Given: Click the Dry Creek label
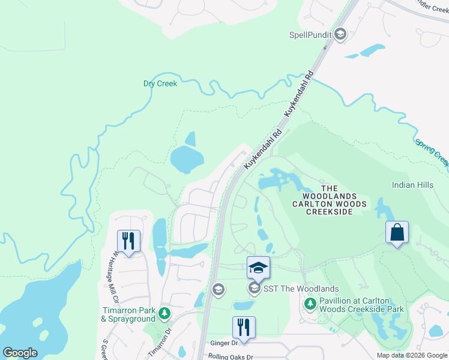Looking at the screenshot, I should (x=160, y=83).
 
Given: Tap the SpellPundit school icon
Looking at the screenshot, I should (x=340, y=35).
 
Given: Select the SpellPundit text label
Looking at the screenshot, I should (x=310, y=35).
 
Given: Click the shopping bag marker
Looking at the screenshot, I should (x=397, y=232).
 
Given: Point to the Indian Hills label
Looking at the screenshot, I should (x=412, y=185).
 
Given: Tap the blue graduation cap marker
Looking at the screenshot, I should (x=258, y=268).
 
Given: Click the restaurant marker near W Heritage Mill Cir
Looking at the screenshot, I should (x=128, y=241).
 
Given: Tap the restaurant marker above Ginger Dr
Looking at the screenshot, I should (x=244, y=328).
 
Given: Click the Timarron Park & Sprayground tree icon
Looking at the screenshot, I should (x=163, y=313).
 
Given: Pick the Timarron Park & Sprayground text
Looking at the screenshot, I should (x=128, y=314).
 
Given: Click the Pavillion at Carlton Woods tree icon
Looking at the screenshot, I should (x=310, y=304).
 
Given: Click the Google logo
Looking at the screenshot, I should (x=20, y=353).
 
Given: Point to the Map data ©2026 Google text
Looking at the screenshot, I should (x=411, y=355).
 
